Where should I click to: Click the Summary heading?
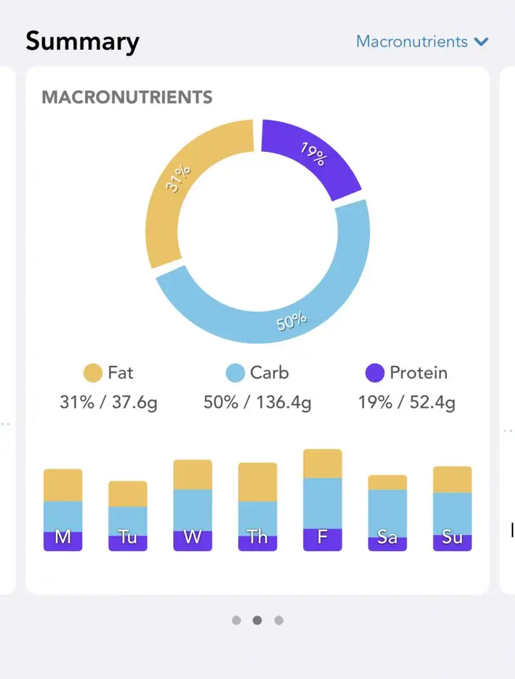82,42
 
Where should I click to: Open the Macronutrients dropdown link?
412,41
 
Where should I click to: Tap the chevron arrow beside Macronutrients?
481,42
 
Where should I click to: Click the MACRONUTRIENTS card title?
127,97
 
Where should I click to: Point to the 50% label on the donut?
291,322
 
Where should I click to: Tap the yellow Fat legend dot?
92,373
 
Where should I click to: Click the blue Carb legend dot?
236,373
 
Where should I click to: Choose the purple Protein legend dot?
375,373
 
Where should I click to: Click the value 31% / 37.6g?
108,402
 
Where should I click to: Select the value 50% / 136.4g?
257,402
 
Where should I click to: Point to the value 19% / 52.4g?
407,402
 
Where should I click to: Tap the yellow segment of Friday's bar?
323,463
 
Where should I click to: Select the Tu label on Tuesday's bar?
128,537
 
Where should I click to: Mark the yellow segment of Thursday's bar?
257,482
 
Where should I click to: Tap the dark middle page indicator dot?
257,621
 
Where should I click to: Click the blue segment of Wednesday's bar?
192,510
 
